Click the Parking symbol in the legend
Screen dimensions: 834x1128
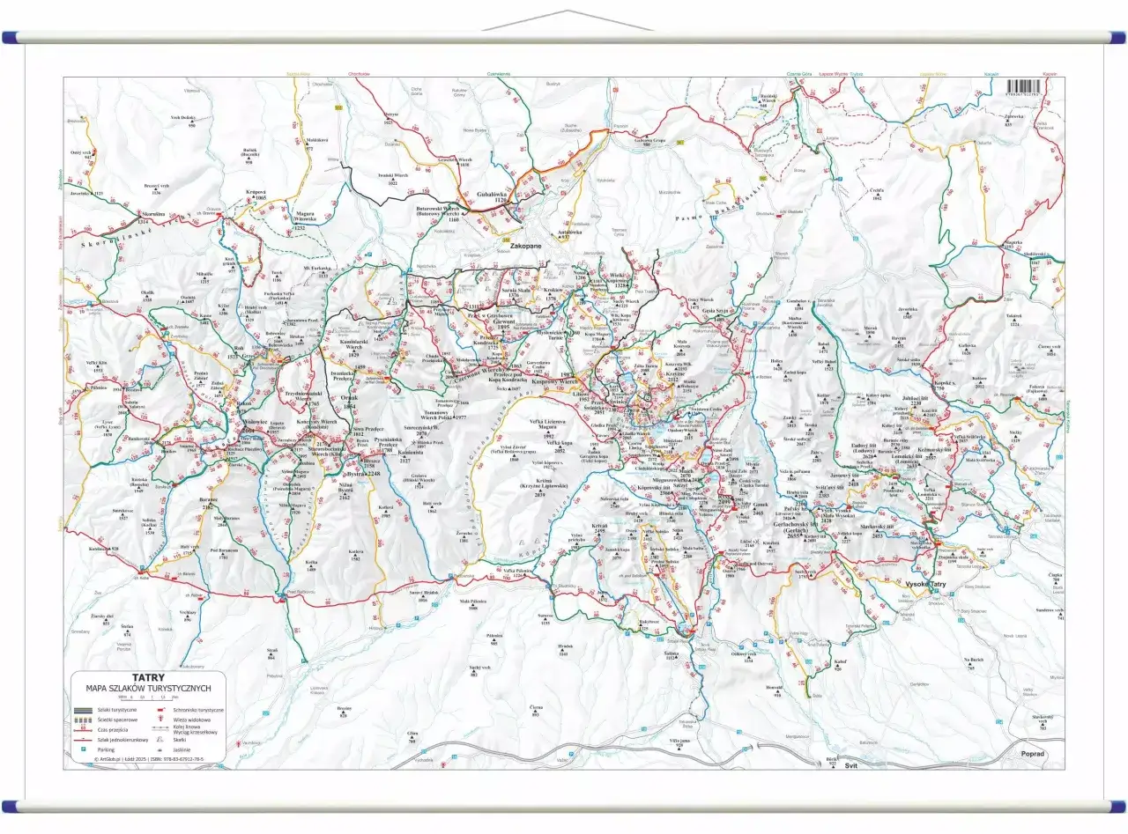tap(83, 749)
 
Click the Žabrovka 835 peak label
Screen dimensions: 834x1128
tap(1013, 118)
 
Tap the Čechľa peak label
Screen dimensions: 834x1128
tap(877, 193)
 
